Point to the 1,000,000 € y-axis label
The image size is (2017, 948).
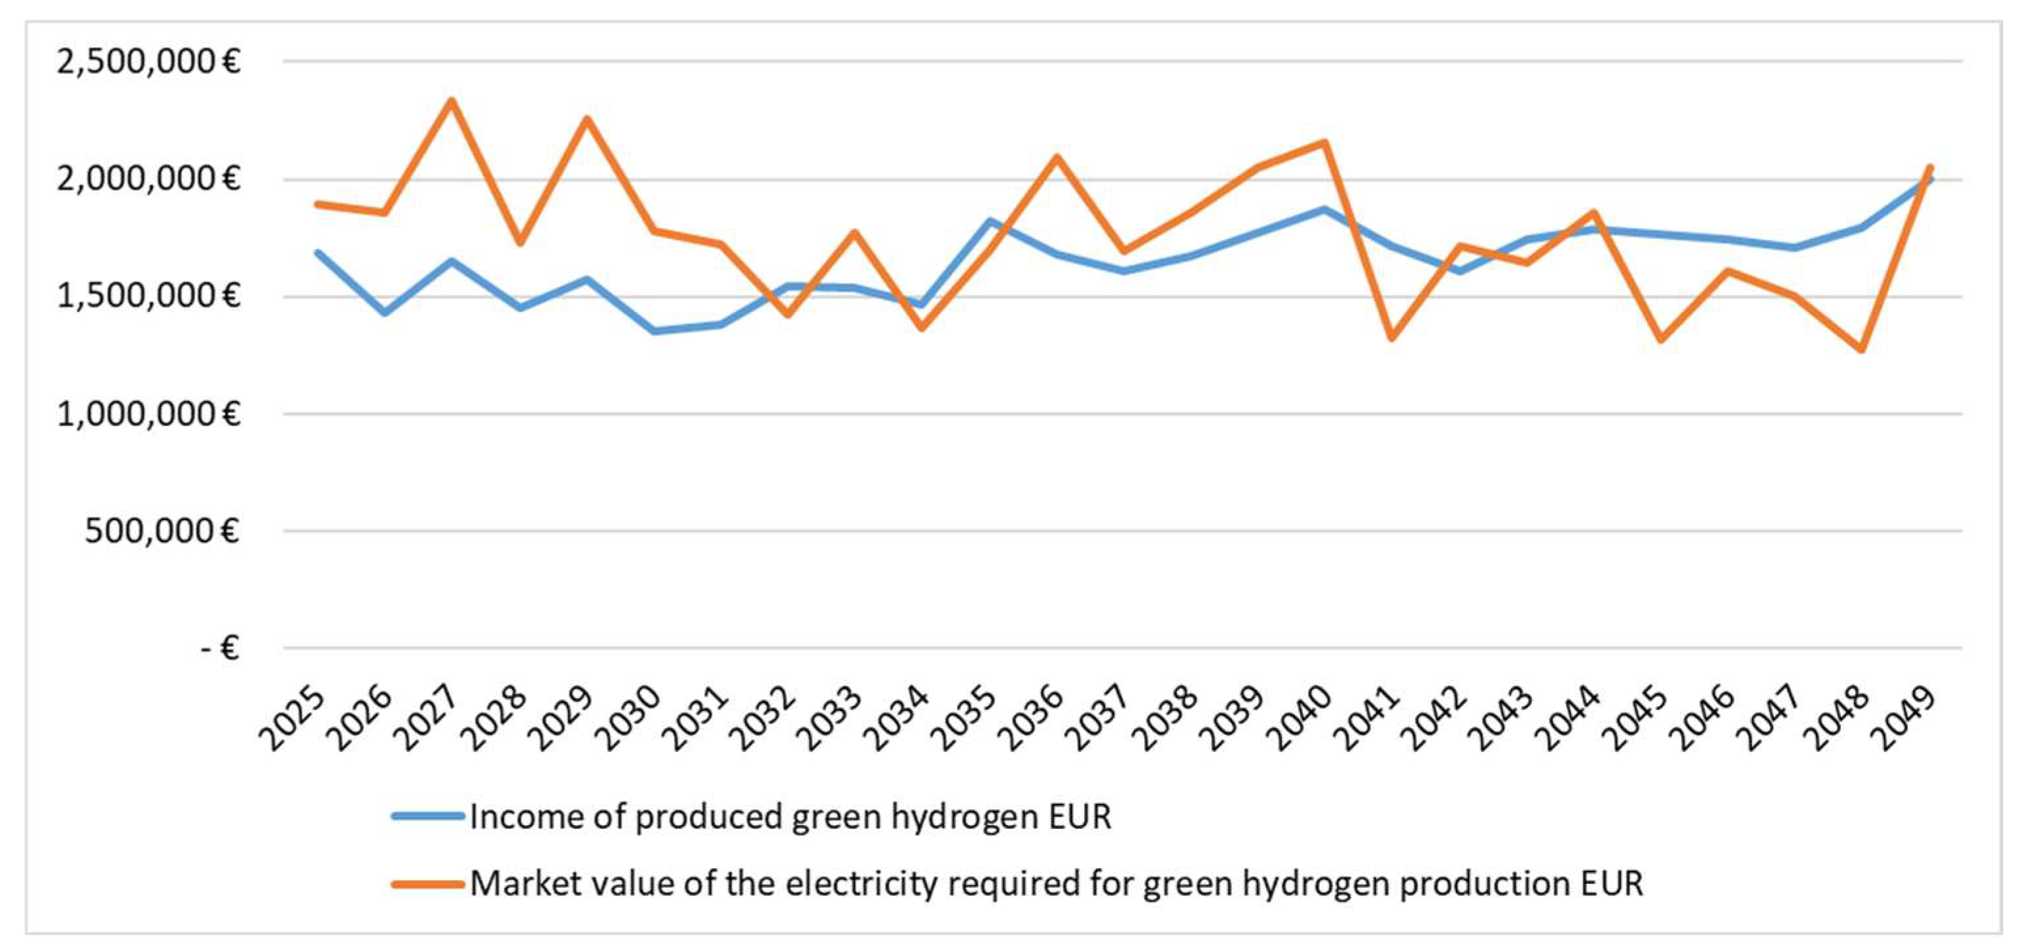(x=148, y=414)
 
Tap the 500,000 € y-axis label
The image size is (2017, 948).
(x=161, y=531)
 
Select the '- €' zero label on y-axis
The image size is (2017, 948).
(x=219, y=648)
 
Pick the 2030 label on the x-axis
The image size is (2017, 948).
(x=628, y=718)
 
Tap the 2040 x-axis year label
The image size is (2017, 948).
(x=1299, y=718)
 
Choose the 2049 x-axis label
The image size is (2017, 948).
(x=1904, y=718)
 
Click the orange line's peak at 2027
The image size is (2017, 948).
(x=452, y=101)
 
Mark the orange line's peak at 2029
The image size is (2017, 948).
(x=587, y=119)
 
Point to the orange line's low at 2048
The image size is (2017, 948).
(x=1861, y=349)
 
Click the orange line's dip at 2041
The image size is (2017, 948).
(x=1391, y=338)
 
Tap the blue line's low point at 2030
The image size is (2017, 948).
(x=655, y=331)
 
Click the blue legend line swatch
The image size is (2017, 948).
(x=428, y=816)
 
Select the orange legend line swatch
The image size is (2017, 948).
(x=428, y=884)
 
